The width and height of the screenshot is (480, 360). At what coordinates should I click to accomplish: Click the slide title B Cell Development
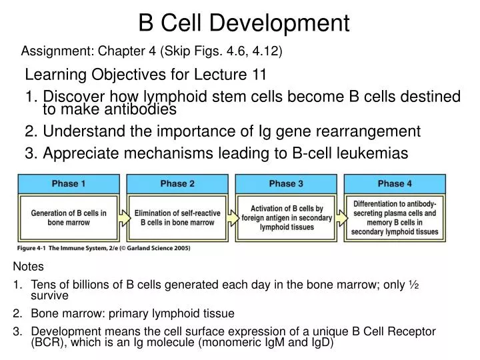click(244, 23)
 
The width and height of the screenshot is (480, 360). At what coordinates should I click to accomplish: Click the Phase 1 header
click(69, 183)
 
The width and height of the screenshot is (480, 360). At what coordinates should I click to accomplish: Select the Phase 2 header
click(177, 183)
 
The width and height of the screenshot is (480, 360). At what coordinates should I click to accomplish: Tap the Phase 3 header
click(286, 183)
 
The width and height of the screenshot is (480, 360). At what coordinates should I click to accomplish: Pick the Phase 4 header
click(395, 183)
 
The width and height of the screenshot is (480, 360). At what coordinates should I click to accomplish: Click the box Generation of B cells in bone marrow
click(69, 217)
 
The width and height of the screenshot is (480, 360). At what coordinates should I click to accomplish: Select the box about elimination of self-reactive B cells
click(177, 217)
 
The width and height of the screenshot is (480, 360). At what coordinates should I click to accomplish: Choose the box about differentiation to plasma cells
click(395, 217)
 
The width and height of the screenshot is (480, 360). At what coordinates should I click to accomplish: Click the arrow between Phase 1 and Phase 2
click(123, 215)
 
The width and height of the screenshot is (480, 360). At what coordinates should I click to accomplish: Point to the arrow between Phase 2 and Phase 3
click(231, 215)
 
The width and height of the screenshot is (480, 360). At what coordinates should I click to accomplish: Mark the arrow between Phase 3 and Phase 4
click(340, 215)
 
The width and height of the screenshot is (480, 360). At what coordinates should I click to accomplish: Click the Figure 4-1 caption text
click(103, 248)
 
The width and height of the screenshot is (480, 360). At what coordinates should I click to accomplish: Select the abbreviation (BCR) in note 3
click(46, 343)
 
